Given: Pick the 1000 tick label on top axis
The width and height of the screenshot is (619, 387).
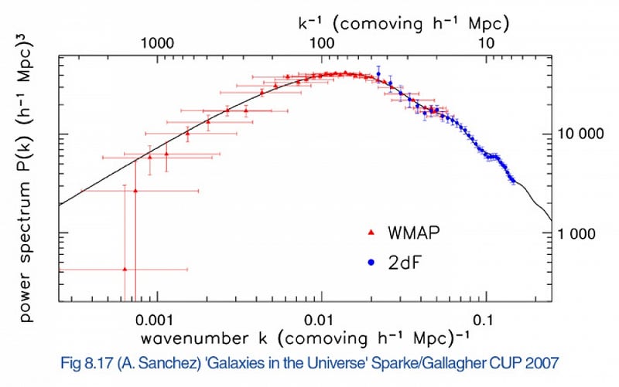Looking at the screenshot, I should click(157, 44).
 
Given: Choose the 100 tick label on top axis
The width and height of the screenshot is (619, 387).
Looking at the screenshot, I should click(322, 44).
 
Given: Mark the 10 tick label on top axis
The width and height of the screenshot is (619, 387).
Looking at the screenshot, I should click(486, 44).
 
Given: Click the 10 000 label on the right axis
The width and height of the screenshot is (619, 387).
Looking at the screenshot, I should click(580, 134).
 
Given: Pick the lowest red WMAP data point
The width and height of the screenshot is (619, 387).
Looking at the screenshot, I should click(125, 269).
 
